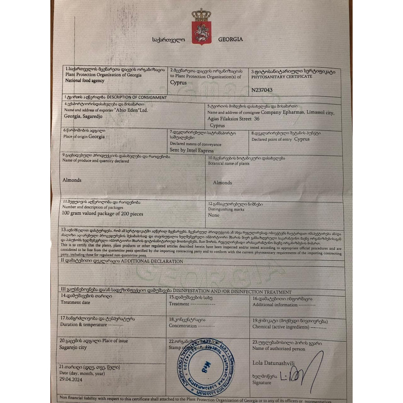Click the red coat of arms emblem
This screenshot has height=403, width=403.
coord(201,32)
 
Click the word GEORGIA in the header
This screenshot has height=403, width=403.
coord(230,39)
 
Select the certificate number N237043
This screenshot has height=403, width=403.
coord(262,90)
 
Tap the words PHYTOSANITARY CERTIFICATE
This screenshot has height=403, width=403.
coord(281,77)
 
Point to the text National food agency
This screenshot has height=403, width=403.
coord(85,81)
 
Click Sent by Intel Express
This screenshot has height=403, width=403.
coord(192,151)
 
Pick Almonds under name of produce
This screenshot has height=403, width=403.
coord(72,180)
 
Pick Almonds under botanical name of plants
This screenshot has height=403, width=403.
coord(222,183)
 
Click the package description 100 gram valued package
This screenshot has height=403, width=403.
coord(103,214)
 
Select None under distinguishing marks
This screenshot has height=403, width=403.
coord(214,215)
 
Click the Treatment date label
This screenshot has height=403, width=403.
coord(75,302)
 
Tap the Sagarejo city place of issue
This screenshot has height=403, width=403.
coord(74,348)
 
